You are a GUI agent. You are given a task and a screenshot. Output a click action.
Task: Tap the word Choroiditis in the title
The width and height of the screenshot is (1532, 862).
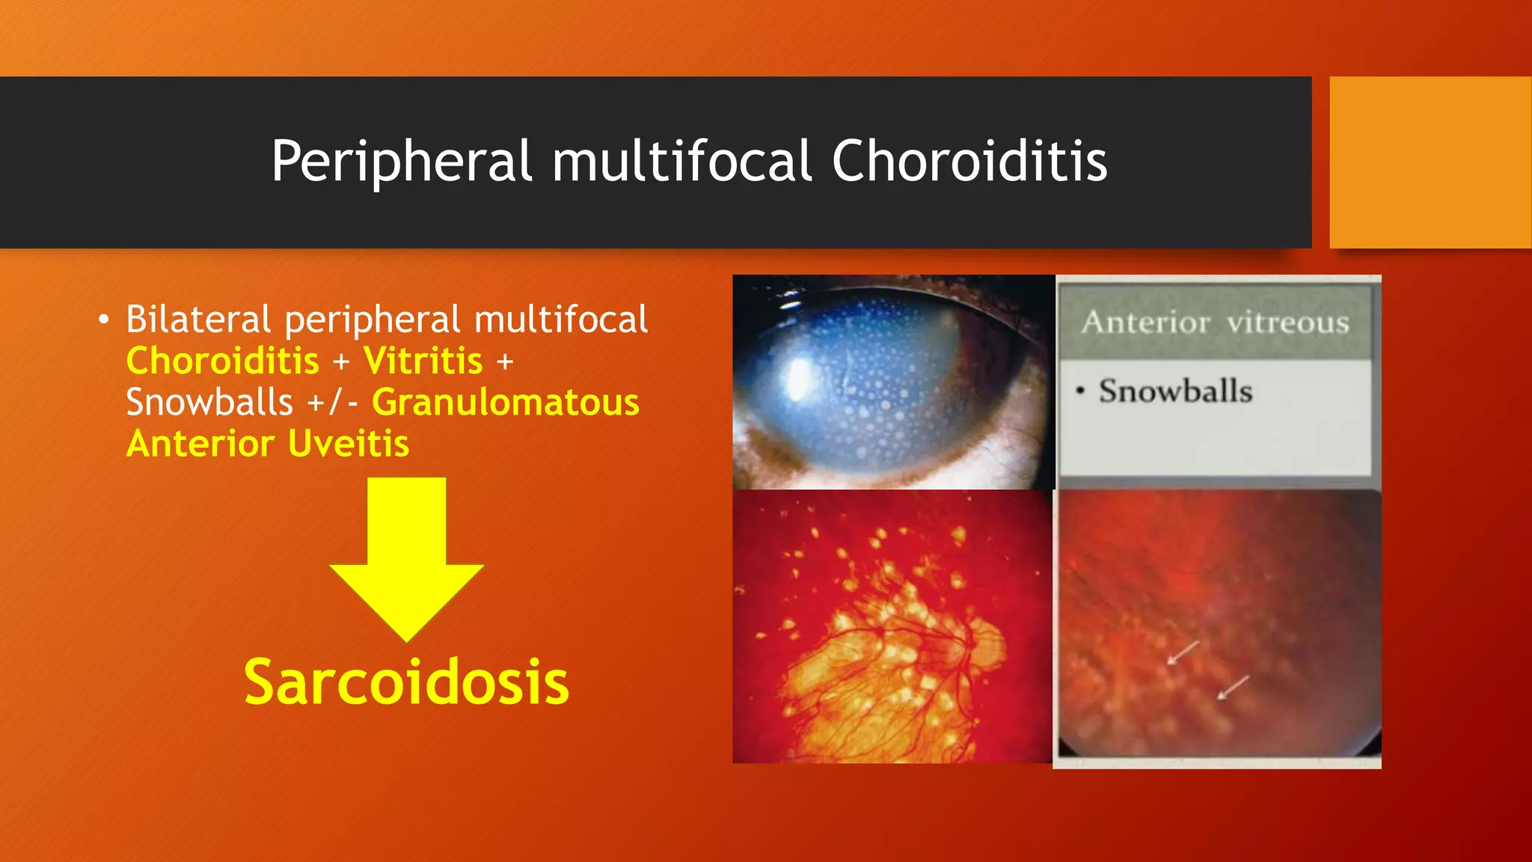(969, 162)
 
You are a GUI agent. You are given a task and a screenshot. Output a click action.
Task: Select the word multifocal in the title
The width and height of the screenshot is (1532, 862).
(681, 162)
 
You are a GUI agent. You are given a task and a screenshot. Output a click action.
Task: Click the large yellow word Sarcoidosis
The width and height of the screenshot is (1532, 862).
(406, 682)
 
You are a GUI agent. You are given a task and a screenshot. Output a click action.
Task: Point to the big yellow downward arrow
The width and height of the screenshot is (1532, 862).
(407, 561)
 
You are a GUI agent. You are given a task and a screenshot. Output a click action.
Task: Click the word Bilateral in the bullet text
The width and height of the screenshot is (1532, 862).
(198, 320)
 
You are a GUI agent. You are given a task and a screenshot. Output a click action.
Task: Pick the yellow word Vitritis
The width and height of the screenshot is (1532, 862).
(423, 361)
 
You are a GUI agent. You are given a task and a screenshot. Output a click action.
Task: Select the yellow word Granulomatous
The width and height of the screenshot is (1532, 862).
(506, 403)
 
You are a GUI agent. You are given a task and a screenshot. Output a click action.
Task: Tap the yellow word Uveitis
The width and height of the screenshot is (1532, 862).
(349, 444)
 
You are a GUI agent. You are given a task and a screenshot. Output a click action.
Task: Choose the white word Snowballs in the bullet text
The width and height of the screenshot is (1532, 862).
(209, 403)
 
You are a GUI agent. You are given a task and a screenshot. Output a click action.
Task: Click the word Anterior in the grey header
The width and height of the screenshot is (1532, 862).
(1145, 323)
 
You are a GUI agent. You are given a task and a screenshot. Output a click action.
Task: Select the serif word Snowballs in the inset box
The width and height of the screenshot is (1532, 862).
(1175, 391)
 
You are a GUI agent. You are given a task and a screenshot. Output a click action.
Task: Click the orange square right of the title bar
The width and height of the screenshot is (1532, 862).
(1430, 162)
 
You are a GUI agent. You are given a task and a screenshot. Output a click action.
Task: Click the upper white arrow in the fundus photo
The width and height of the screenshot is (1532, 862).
(1183, 652)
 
